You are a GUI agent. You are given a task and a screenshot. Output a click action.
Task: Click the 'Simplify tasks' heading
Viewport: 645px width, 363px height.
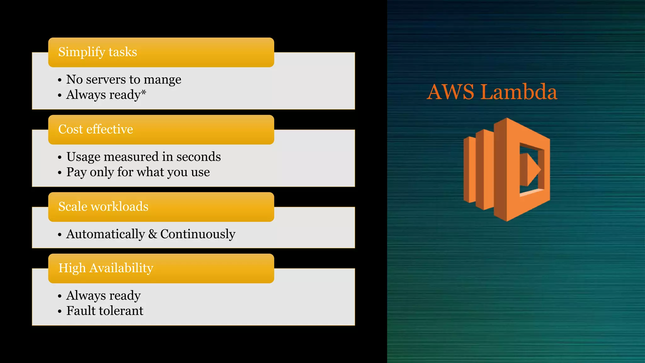(98, 52)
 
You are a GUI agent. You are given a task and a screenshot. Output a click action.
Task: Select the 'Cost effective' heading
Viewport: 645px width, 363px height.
(96, 129)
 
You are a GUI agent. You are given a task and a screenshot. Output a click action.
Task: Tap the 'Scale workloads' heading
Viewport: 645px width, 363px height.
(103, 206)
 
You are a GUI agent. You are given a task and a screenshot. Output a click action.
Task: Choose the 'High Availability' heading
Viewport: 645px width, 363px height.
(106, 268)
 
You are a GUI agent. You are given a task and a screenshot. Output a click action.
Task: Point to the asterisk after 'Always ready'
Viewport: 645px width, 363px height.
(144, 92)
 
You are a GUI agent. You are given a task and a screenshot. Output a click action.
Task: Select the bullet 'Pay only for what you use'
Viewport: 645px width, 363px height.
(138, 172)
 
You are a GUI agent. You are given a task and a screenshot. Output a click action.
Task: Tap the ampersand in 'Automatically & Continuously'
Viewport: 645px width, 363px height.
(153, 234)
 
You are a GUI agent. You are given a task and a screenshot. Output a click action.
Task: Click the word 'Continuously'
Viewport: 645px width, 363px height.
(198, 234)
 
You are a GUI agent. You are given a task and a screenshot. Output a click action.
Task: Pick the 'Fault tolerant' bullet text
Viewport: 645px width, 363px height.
(105, 311)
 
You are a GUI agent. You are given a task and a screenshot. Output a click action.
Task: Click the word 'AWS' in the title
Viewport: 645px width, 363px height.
(450, 92)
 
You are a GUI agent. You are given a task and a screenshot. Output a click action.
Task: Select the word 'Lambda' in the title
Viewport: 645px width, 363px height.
(519, 92)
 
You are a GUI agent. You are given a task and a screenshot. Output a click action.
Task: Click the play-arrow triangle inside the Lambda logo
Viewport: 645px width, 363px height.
(531, 170)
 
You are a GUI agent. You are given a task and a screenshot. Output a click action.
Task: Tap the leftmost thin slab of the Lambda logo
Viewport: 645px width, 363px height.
(469, 170)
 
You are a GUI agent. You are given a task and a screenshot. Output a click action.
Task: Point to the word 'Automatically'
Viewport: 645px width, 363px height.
(106, 234)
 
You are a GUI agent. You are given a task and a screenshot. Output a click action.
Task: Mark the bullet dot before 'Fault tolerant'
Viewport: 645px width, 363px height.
(60, 312)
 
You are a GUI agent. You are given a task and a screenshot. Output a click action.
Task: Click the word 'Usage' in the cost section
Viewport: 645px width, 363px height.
(83, 157)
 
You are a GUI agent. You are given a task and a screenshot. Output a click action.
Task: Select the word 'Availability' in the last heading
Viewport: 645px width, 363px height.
(121, 268)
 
